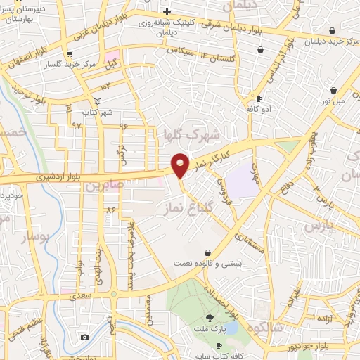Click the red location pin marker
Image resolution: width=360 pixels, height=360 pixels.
[181, 165]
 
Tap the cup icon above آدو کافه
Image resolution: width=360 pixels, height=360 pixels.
[259, 99]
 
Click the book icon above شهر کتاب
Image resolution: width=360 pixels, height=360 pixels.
[97, 102]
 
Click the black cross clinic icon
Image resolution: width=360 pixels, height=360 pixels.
[167, 11]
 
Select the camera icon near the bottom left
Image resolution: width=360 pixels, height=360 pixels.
[85, 337]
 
